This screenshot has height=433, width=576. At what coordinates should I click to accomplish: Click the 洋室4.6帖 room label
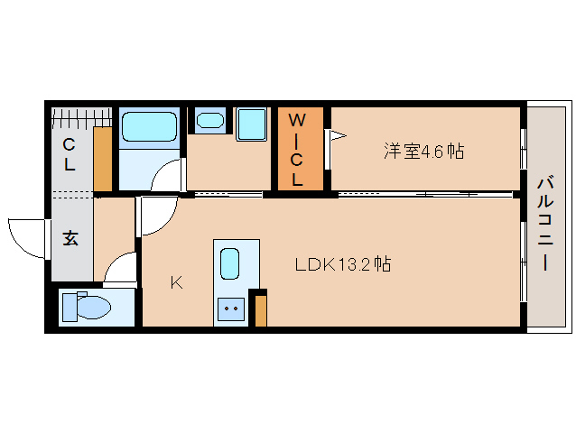[424, 151]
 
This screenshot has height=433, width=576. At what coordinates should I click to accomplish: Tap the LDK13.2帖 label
[343, 263]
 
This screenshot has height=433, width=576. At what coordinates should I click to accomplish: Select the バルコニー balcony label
[546, 224]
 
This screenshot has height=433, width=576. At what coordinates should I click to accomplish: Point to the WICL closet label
[296, 150]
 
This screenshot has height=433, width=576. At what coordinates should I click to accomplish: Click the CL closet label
[69, 154]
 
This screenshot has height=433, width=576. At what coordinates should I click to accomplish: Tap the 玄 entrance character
[70, 238]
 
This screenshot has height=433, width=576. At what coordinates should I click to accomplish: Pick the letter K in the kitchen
[177, 282]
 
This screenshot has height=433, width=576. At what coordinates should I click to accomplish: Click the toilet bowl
[87, 306]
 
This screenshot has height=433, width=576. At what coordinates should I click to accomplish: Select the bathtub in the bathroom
[149, 127]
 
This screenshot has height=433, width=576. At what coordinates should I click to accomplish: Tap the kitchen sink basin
[229, 263]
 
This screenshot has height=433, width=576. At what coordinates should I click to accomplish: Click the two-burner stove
[231, 309]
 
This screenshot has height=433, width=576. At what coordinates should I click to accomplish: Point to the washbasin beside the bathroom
[210, 120]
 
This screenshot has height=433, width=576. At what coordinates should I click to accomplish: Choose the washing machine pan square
[251, 124]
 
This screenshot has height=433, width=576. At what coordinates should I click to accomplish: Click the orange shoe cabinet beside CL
[103, 159]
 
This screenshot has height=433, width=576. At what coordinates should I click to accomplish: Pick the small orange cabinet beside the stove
[260, 310]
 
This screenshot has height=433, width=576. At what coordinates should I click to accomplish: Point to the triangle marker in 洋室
[338, 135]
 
